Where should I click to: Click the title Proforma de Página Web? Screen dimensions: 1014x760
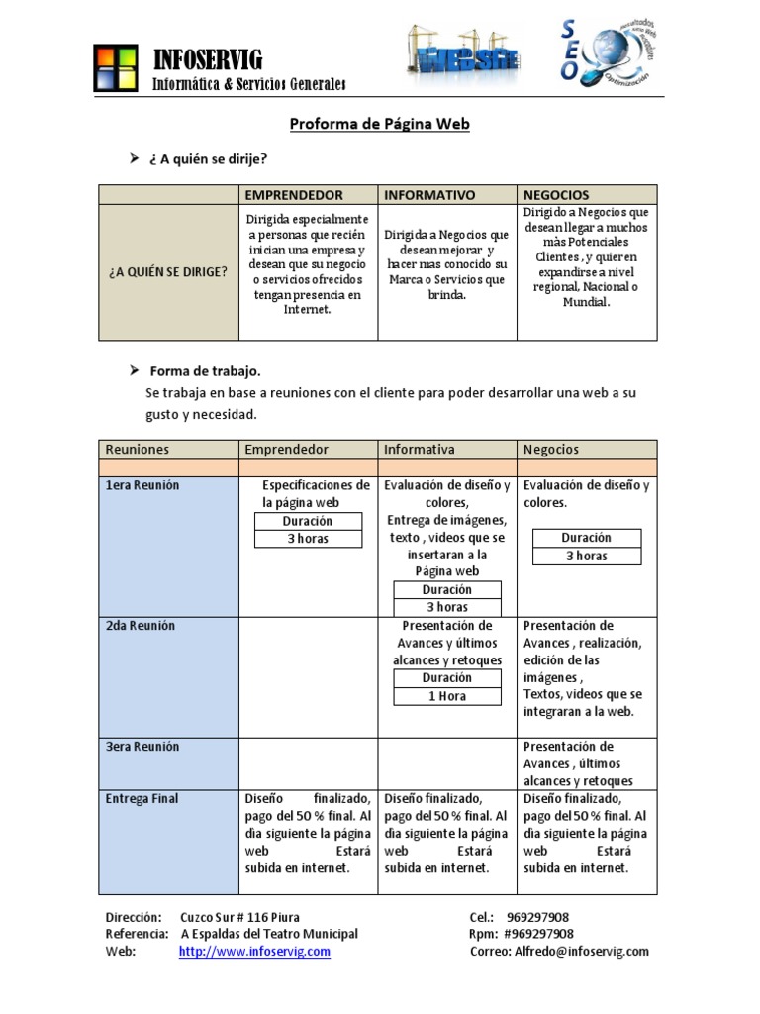(379, 124)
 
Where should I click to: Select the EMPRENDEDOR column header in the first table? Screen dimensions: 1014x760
(294, 195)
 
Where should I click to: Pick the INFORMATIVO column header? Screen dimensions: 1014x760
(429, 195)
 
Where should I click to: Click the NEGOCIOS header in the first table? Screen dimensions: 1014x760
(556, 195)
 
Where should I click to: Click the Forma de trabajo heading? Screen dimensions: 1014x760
(205, 371)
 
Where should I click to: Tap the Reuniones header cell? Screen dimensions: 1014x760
(138, 450)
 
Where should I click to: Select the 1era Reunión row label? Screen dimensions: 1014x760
(143, 485)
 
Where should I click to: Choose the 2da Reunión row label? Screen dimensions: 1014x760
(141, 626)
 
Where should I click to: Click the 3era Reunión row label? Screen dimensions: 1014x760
(142, 746)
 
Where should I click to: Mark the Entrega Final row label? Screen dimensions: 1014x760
(142, 798)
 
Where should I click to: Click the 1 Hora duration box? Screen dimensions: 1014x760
(447, 696)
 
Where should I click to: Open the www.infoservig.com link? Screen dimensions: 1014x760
(254, 951)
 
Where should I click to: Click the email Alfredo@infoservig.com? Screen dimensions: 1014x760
(581, 951)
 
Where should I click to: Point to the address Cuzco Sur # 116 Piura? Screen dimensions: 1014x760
(240, 917)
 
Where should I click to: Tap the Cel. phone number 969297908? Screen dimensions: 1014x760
(536, 917)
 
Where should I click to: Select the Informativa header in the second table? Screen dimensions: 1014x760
(420, 450)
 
